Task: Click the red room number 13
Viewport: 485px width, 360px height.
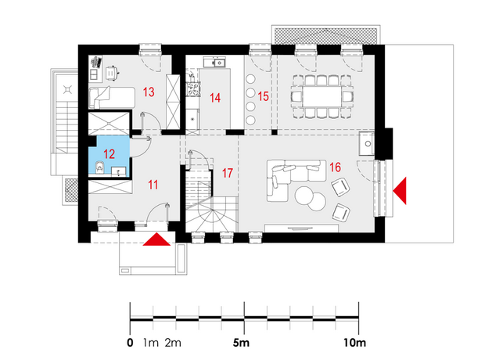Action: (149, 92)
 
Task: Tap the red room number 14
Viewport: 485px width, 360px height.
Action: (215, 98)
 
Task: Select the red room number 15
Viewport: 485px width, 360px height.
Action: (263, 96)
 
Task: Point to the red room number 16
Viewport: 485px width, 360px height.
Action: (336, 167)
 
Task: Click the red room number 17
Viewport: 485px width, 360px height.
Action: (228, 173)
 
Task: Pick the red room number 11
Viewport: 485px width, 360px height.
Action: (153, 185)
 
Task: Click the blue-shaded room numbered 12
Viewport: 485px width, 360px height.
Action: (109, 156)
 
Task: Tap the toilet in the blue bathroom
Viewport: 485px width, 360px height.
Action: (99, 167)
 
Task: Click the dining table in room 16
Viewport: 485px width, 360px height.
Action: (322, 96)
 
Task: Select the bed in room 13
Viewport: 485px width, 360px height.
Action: (112, 97)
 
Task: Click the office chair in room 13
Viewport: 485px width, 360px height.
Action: (111, 73)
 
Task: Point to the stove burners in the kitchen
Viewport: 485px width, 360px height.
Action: (194, 88)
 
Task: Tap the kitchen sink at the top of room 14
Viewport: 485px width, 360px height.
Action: (214, 63)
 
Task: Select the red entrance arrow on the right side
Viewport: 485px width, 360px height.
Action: (400, 191)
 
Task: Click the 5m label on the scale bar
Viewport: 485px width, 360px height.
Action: (241, 343)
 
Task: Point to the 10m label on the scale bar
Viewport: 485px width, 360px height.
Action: (354, 343)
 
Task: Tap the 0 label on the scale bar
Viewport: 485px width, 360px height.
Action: (130, 343)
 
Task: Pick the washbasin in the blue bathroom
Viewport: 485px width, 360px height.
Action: (118, 171)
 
